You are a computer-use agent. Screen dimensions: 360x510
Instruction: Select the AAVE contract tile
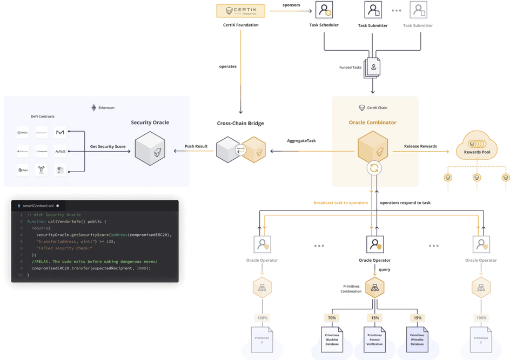[61, 152]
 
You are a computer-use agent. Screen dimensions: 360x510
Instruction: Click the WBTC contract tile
[23, 133]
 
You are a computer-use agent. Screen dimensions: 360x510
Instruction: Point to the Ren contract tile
[23, 170]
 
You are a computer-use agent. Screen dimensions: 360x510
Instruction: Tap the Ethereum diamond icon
[93, 107]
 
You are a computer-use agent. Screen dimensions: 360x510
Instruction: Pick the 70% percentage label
[332, 318]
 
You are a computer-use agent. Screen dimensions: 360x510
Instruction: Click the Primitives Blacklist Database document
[332, 340]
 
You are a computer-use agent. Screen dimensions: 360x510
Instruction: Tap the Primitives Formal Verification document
[374, 340]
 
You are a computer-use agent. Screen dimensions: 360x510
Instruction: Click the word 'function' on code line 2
[36, 221]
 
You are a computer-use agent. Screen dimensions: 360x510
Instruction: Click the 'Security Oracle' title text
[150, 123]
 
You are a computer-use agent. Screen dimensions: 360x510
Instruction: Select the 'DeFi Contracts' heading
[42, 117]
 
